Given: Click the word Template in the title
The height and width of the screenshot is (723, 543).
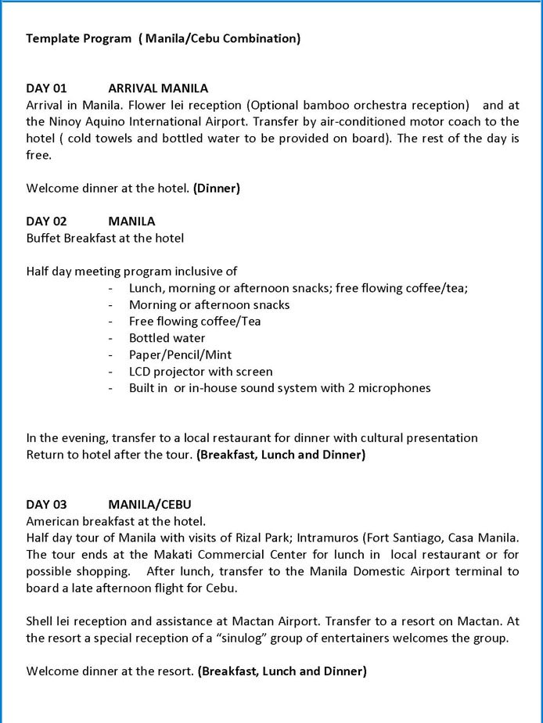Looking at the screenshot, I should tap(52, 38).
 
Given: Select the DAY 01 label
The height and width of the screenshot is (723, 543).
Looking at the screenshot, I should tap(46, 88).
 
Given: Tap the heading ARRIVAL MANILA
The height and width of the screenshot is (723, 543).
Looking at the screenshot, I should tap(158, 88).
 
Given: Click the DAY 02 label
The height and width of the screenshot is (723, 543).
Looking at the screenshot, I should tap(46, 221).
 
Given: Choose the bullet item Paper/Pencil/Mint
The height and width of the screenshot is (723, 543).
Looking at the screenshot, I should tap(180, 354).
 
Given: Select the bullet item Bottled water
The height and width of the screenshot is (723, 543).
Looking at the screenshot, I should tap(167, 338).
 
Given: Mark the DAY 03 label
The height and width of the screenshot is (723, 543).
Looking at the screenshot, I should tap(46, 505).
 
